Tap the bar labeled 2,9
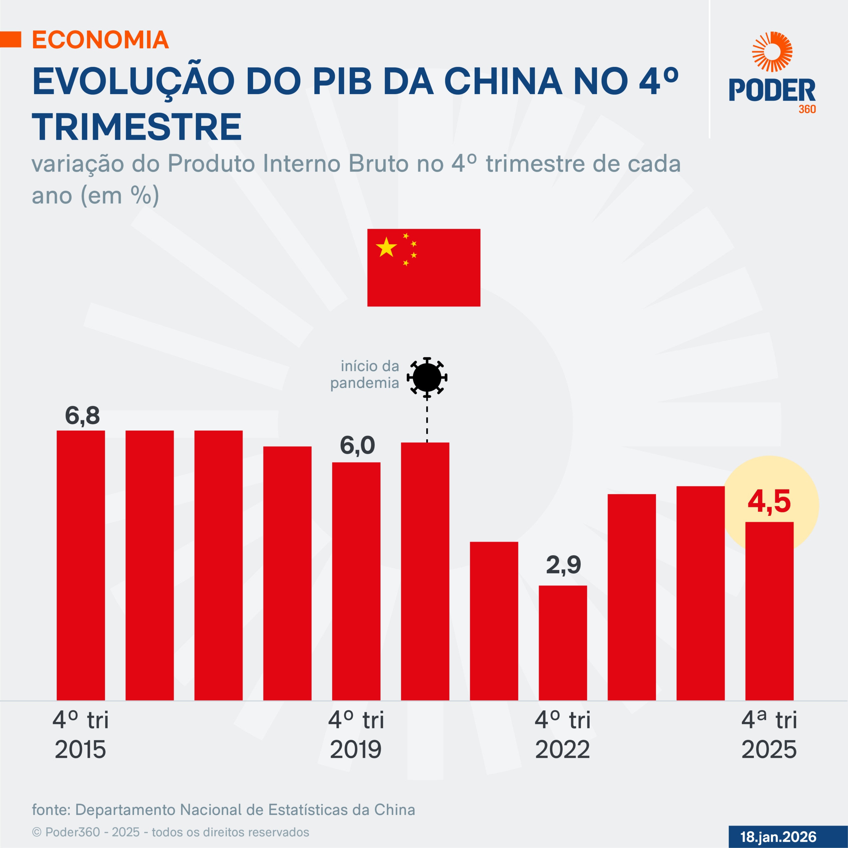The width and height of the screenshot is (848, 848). click(563, 643)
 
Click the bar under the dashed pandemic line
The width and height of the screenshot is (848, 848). click(425, 571)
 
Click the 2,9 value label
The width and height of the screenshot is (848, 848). click(563, 565)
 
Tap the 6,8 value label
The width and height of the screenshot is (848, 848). click(82, 415)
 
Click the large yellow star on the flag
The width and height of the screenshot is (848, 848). click(386, 247)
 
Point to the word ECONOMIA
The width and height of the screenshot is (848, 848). click(100, 40)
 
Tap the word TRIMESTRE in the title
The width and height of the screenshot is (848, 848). click(136, 127)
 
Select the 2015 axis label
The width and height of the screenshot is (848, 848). click(80, 749)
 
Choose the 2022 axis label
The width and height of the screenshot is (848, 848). click(562, 749)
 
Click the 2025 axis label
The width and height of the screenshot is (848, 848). click(769, 749)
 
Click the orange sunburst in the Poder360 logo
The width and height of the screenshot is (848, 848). click(772, 52)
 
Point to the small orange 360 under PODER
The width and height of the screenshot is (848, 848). click(807, 109)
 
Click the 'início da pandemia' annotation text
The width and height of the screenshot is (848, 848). click(365, 374)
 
